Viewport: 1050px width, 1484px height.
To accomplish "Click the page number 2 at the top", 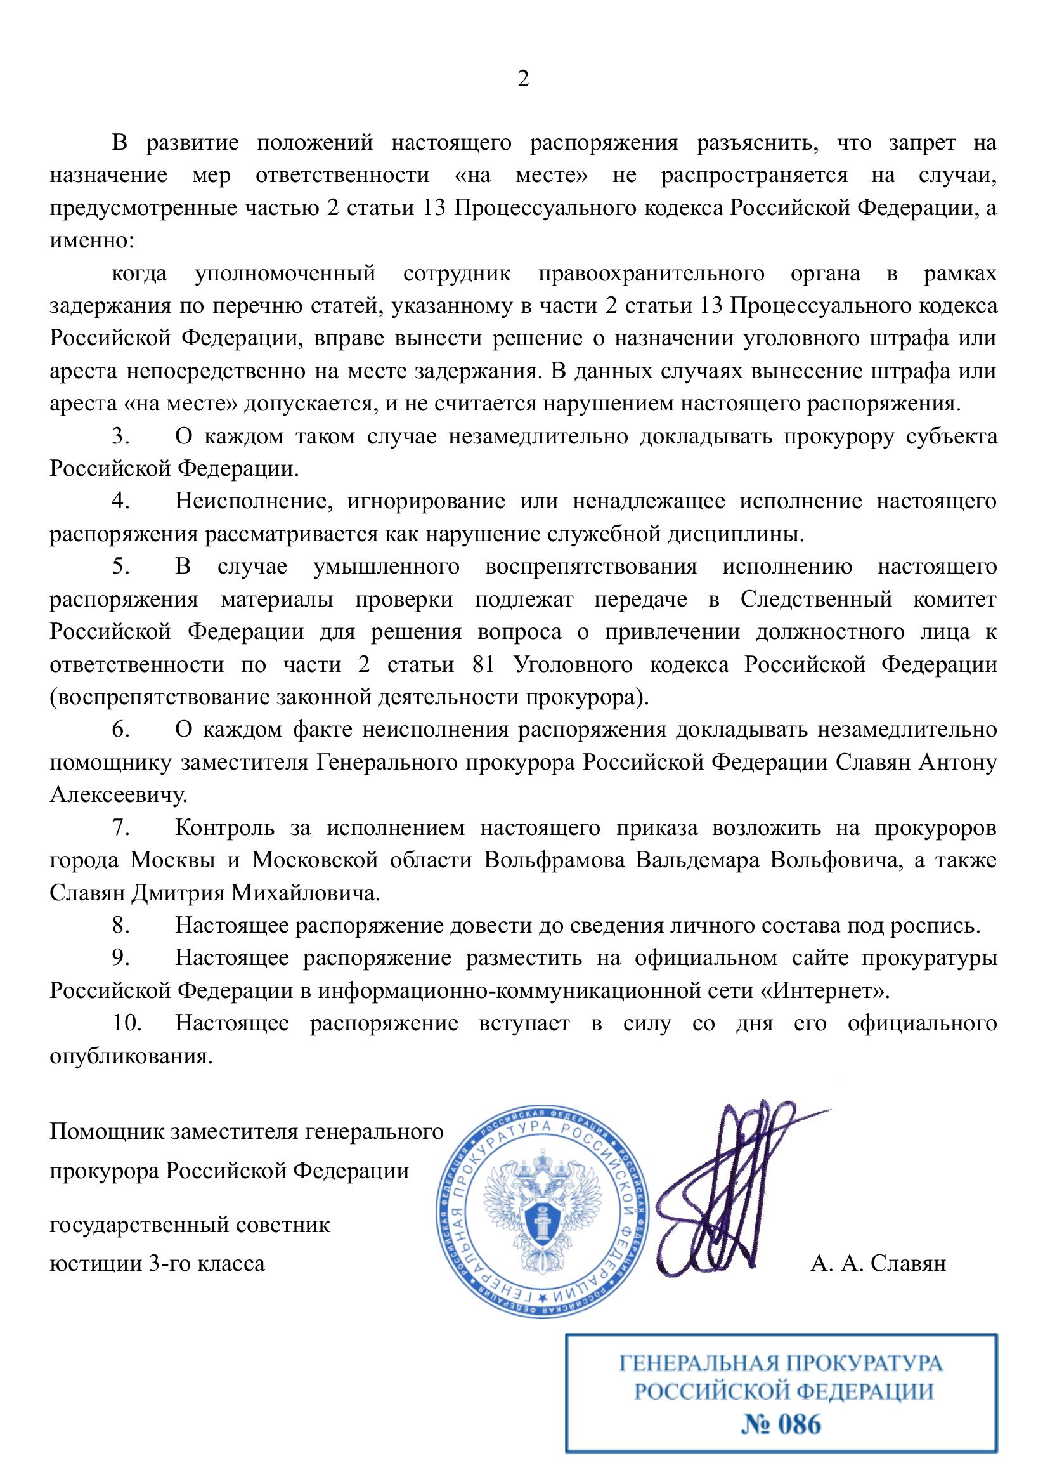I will click(523, 79).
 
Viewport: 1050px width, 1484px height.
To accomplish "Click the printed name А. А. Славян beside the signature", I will click(878, 1263).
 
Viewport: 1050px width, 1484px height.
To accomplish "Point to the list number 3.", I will click(121, 437).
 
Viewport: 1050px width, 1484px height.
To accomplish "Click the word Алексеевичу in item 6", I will click(119, 795).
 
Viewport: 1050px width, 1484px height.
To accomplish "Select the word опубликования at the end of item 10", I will click(131, 1056).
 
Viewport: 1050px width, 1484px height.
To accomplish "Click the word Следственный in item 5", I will click(815, 600).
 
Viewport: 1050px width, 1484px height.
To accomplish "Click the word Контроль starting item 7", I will click(225, 828).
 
